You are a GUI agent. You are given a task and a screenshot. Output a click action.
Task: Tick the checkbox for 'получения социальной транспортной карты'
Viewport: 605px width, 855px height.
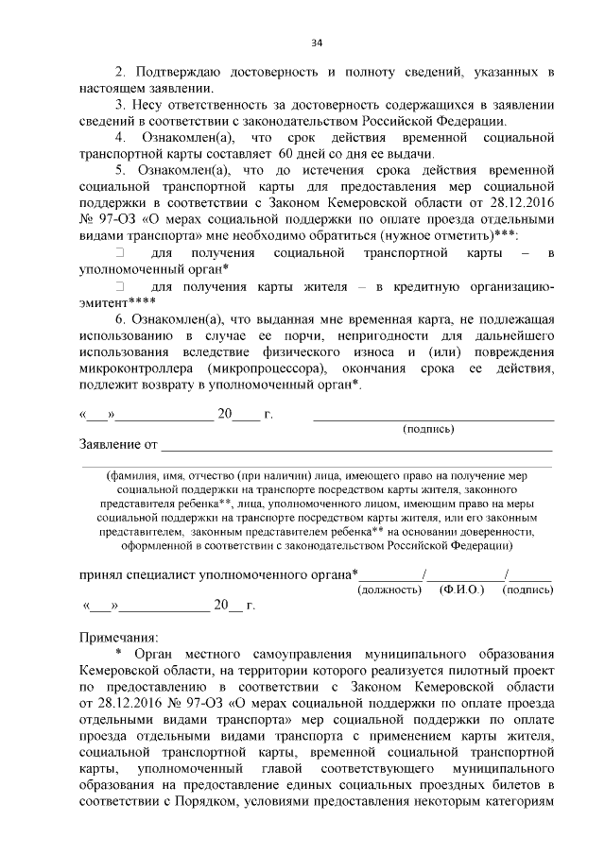[x=120, y=253]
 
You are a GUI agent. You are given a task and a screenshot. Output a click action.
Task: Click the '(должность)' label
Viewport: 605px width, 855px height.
[x=389, y=590]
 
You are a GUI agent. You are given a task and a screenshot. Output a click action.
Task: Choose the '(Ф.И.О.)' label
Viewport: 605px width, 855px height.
[x=462, y=590]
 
